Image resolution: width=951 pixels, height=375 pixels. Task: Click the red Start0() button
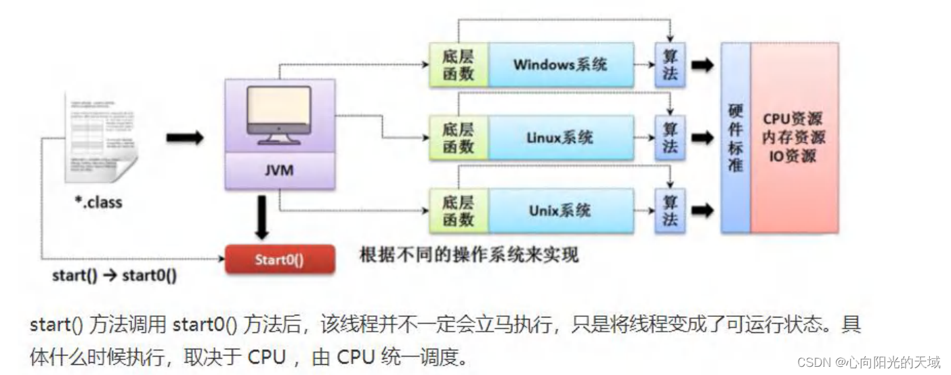pyautogui.click(x=279, y=259)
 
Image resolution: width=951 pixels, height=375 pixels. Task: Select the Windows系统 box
pyautogui.click(x=561, y=65)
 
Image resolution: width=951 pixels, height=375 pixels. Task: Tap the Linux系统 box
pyautogui.click(x=561, y=137)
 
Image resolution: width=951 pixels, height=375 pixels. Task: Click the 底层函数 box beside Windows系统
pyautogui.click(x=458, y=65)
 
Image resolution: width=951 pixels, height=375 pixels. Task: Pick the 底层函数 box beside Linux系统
pyautogui.click(x=458, y=137)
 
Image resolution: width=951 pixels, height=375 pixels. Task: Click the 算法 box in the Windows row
pyautogui.click(x=670, y=65)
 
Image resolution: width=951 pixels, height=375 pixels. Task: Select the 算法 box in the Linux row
pyautogui.click(x=670, y=137)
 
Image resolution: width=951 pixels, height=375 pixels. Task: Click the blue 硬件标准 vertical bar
pyautogui.click(x=736, y=137)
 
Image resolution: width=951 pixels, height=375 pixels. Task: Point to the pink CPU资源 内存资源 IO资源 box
pyautogui.click(x=793, y=137)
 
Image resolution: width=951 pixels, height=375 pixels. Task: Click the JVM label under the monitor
pyautogui.click(x=279, y=171)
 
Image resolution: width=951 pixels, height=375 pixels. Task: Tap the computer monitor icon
pyautogui.click(x=279, y=115)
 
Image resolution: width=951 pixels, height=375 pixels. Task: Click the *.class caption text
pyautogui.click(x=99, y=202)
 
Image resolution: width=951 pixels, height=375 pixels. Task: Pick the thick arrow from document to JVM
pyautogui.click(x=184, y=137)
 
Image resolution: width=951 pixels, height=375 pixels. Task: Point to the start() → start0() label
pyautogui.click(x=114, y=276)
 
